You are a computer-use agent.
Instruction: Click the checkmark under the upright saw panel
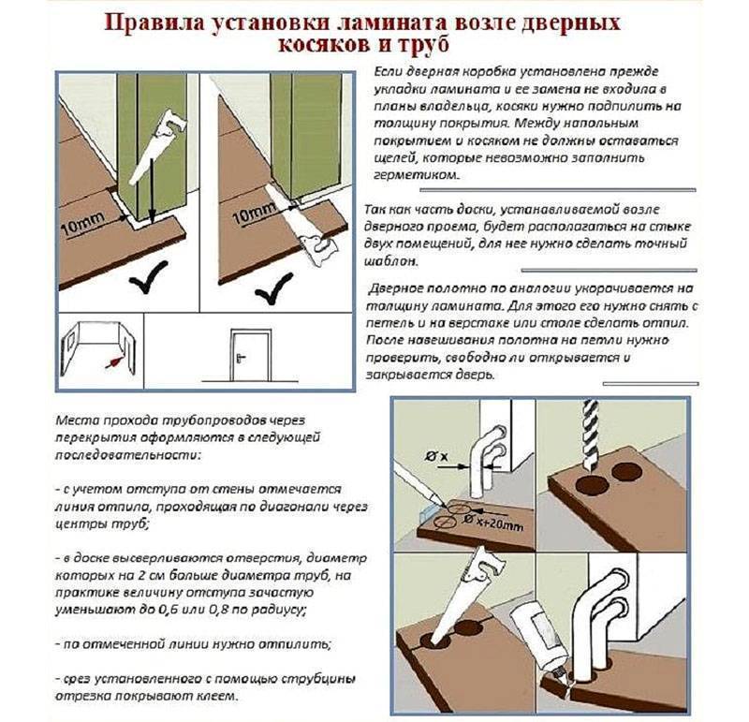click(148, 278)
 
